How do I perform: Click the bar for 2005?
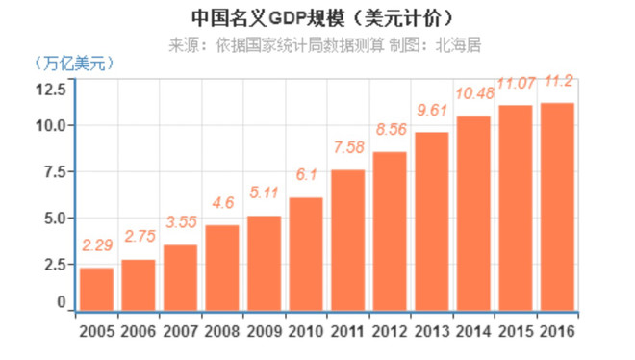click(96, 289)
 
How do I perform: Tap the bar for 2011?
click(347, 240)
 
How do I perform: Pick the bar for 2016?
click(557, 207)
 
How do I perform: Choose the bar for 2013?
click(431, 221)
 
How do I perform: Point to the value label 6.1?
click(306, 175)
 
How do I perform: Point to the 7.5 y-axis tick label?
click(54, 172)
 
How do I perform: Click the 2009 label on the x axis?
click(265, 332)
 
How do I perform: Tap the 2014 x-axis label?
click(473, 332)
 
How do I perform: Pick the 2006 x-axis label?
click(139, 332)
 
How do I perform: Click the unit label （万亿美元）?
click(74, 64)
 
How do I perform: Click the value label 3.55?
click(180, 222)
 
